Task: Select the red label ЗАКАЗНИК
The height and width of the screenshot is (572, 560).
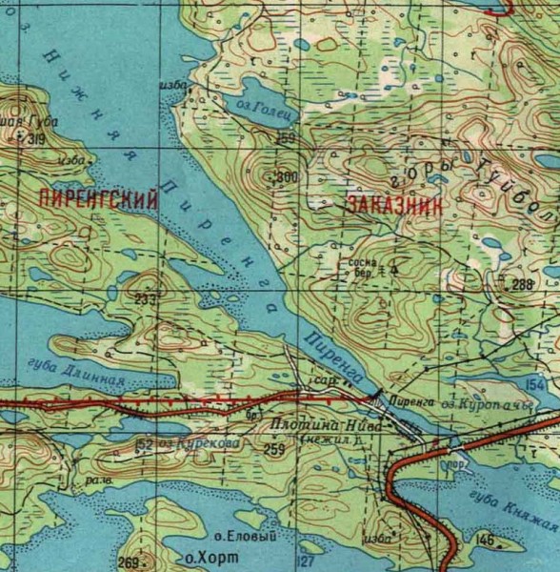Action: (385, 205)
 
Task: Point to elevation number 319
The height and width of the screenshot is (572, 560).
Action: (37, 140)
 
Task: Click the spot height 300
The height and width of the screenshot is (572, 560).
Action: (286, 177)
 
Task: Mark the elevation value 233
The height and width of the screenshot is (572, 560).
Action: (145, 299)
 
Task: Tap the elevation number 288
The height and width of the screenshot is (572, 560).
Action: (522, 285)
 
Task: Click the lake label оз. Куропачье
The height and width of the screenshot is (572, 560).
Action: (486, 406)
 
